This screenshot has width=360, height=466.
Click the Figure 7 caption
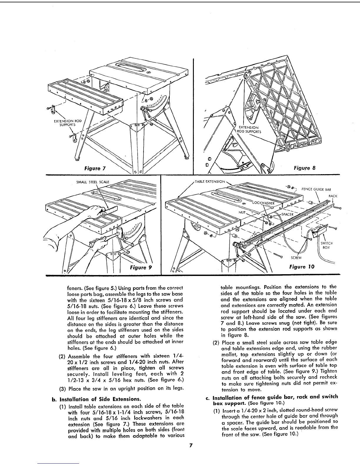[x=95, y=168]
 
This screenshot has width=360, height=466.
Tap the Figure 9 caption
[x=141, y=267]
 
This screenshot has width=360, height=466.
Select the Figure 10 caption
[x=302, y=267]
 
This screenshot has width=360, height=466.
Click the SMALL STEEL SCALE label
[x=93, y=182]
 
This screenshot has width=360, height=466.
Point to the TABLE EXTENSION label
[x=210, y=182]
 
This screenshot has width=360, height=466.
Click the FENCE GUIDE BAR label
[x=316, y=189]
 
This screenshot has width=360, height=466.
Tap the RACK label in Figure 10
[x=333, y=196]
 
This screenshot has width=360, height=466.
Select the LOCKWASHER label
[x=263, y=203]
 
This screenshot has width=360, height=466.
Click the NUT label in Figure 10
[x=242, y=212]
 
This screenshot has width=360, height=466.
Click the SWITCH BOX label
[x=326, y=245]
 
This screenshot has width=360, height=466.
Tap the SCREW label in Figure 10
[x=296, y=258]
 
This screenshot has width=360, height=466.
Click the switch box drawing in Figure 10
[x=319, y=231]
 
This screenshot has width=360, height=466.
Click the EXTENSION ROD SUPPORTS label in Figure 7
[x=68, y=123]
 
